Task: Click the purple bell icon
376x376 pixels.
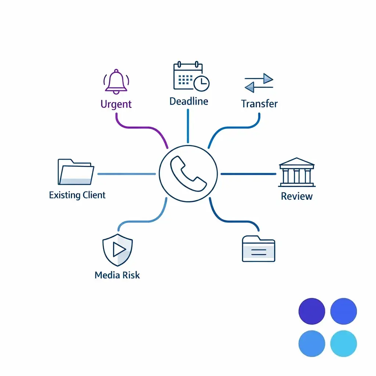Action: [116, 82]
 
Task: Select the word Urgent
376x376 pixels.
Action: [116, 104]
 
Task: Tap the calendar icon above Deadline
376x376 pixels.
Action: [191, 76]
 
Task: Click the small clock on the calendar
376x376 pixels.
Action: [202, 83]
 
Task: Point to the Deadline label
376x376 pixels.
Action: [189, 101]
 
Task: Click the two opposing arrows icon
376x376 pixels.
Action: [259, 83]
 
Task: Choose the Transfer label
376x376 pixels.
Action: [259, 104]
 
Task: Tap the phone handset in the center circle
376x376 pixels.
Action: [188, 174]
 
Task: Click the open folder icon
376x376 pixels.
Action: [76, 172]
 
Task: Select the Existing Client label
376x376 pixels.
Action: [77, 195]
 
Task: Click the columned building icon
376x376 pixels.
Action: [297, 172]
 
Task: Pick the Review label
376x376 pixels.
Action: [297, 196]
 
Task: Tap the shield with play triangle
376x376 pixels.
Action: [117, 250]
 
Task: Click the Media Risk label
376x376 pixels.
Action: [117, 275]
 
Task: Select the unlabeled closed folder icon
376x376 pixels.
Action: [258, 249]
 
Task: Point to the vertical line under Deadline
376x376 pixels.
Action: [188, 126]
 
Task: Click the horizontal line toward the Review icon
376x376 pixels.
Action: [249, 174]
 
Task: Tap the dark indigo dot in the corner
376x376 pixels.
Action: [312, 311]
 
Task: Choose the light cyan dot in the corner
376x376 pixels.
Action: [343, 343]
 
